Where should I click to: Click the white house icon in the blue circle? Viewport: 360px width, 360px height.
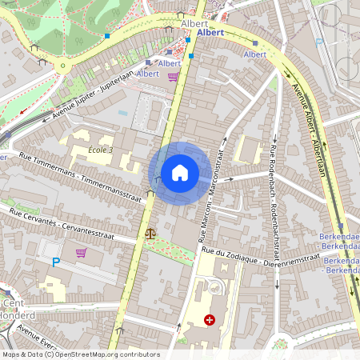[x=180, y=173]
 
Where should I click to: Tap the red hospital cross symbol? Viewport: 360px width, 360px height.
[x=210, y=320]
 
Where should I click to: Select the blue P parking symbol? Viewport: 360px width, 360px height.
[x=56, y=262]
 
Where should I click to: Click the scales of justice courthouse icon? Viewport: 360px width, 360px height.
[x=150, y=234]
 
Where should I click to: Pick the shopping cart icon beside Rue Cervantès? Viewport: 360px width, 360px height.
[x=81, y=253]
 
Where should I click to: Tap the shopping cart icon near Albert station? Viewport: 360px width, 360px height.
[x=173, y=77]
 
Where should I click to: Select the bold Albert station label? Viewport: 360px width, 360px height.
[x=210, y=33]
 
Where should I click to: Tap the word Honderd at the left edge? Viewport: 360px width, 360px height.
[x=11, y=314]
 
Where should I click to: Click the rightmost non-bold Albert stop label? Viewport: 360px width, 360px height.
[x=255, y=54]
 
